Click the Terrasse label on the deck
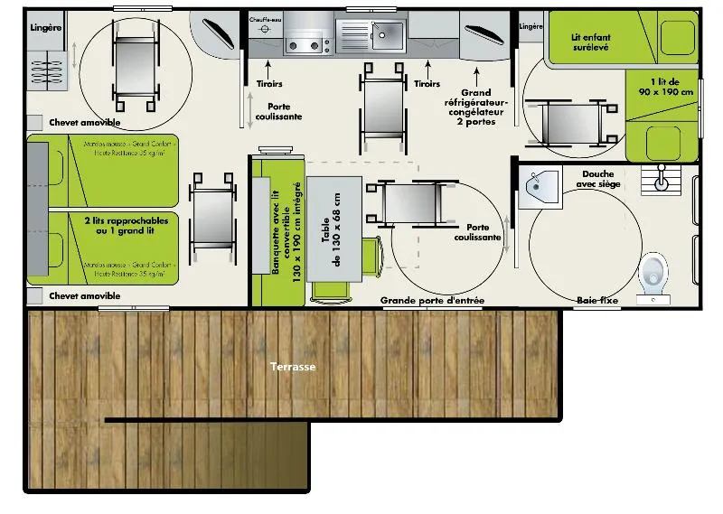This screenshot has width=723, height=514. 291,367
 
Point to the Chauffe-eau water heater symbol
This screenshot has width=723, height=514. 266,29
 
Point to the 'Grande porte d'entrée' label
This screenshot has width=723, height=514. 432,300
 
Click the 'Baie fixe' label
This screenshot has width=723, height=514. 597,300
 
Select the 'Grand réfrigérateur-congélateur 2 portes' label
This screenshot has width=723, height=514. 476,107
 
